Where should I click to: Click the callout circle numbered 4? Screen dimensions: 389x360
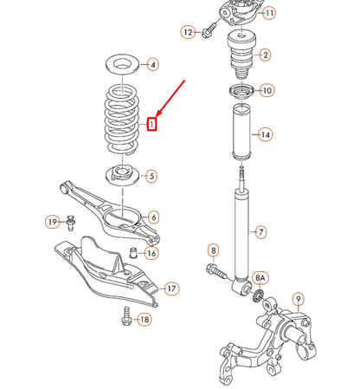(151, 64)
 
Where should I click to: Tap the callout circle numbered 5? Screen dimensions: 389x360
(151, 177)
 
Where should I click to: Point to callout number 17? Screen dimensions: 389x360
(171, 288)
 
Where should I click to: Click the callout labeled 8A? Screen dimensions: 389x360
(260, 278)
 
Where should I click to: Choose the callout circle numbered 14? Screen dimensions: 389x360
(265, 134)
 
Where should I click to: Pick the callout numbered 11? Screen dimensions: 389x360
(269, 13)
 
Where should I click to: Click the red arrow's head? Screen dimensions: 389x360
(157, 114)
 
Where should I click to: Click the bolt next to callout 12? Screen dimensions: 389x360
(208, 33)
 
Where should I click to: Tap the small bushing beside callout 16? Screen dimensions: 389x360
(132, 252)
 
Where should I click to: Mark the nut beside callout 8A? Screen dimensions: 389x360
(258, 299)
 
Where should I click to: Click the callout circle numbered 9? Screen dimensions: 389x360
(299, 301)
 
